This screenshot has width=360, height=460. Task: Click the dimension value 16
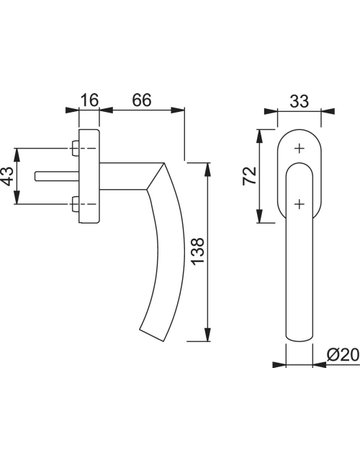89,100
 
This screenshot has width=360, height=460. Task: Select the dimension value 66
142,100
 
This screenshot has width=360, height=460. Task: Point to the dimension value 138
198,251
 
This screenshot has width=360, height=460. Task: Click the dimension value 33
299,101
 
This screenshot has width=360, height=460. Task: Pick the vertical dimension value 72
250,175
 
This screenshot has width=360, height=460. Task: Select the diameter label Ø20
343,355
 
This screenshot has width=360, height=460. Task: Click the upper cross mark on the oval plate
300,148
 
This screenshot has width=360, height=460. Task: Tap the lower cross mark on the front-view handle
300,204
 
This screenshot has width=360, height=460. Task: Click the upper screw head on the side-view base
75,148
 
